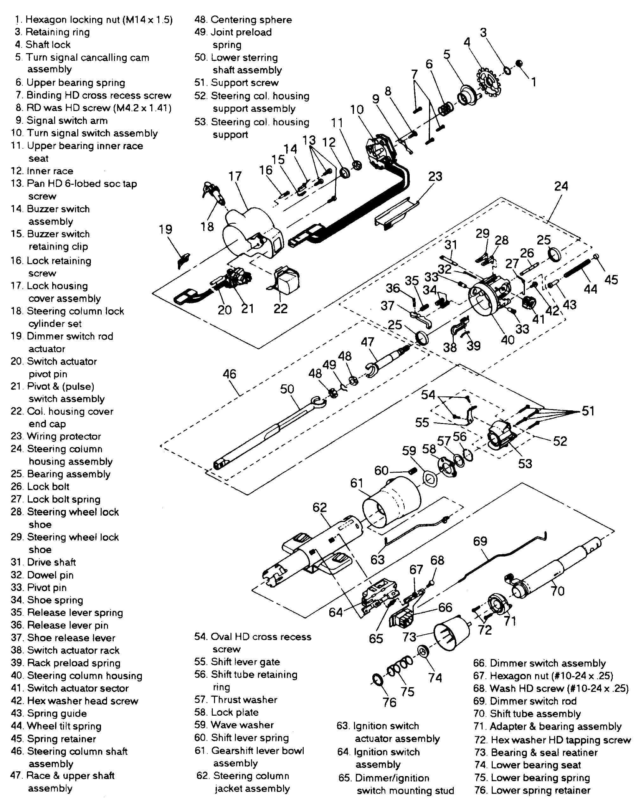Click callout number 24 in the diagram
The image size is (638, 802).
pyautogui.click(x=560, y=186)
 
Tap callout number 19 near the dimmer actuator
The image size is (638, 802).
pyautogui.click(x=166, y=229)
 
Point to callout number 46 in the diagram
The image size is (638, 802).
pyautogui.click(x=229, y=374)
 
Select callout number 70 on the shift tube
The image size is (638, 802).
pyautogui.click(x=557, y=591)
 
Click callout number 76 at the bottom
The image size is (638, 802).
pyautogui.click(x=389, y=702)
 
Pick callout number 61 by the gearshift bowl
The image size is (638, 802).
pyautogui.click(x=357, y=483)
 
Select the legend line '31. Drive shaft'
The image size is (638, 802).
pyautogui.click(x=44, y=562)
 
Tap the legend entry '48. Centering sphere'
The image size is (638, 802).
pyautogui.click(x=243, y=20)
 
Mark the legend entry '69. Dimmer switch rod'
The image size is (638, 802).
pyautogui.click(x=525, y=701)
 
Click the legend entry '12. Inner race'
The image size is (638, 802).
pyautogui.click(x=42, y=171)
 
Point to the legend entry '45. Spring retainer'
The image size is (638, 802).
pyautogui.click(x=54, y=739)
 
